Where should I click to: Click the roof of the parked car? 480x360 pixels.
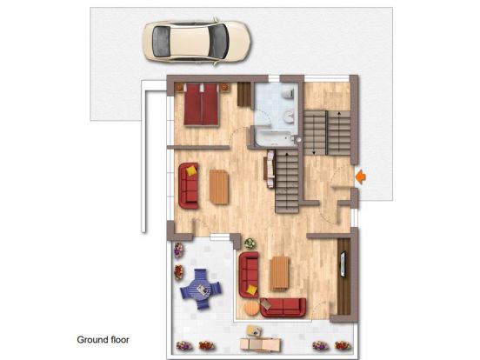pyautogui.click(x=190, y=42)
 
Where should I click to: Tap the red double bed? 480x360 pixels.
pyautogui.click(x=201, y=104)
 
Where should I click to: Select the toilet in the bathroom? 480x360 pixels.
pyautogui.click(x=289, y=93)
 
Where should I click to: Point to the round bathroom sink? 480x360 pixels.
pyautogui.click(x=289, y=117)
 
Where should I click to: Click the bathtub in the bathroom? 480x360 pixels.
pyautogui.click(x=274, y=138)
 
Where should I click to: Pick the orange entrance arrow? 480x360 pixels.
pyautogui.click(x=361, y=177)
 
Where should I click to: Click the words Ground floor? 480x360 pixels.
pyautogui.click(x=103, y=339)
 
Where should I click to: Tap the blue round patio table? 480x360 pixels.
pyautogui.click(x=201, y=289)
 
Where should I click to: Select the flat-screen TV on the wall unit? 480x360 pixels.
pyautogui.click(x=343, y=264)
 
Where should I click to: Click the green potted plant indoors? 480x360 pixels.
pyautogui.click(x=250, y=243)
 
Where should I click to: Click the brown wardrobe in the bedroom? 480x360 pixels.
pyautogui.click(x=244, y=94)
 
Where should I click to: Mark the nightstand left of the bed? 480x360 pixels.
pyautogui.click(x=179, y=87)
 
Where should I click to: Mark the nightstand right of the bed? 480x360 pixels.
pyautogui.click(x=224, y=87)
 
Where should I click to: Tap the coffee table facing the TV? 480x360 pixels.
pyautogui.click(x=279, y=273)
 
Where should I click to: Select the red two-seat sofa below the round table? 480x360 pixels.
pyautogui.click(x=283, y=308)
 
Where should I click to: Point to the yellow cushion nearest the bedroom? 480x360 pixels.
pyautogui.click(x=191, y=170)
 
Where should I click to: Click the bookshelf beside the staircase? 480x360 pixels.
pyautogui.click(x=269, y=169)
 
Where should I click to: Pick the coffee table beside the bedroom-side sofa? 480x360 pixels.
pyautogui.click(x=219, y=187)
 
